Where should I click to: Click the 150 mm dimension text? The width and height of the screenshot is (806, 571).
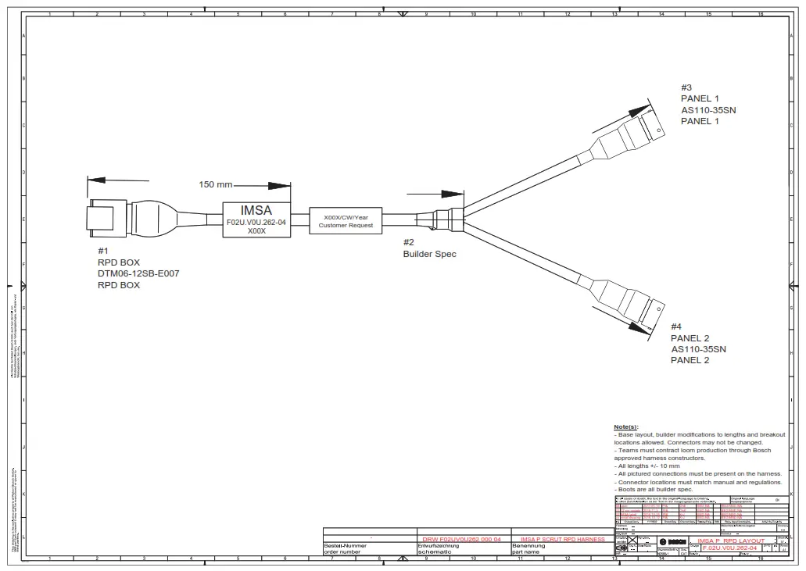coord(216,185)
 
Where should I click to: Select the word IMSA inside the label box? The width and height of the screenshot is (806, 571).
coord(256,210)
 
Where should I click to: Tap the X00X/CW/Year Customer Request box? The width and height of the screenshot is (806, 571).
coord(346,221)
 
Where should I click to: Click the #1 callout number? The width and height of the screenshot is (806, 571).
coord(102,251)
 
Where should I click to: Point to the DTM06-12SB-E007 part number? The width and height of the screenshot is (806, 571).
coord(138,273)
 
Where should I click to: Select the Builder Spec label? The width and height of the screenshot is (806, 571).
coord(429,254)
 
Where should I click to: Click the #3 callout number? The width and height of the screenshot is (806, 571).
coord(686,87)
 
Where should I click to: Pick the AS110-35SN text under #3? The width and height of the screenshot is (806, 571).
coord(707,110)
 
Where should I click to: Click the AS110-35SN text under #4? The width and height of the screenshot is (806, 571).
coord(698,349)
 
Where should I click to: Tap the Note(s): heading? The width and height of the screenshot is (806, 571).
coord(625,427)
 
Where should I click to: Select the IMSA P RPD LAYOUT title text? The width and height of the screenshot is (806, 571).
coord(731,541)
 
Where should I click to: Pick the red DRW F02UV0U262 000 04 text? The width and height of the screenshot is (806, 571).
coord(460,539)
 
